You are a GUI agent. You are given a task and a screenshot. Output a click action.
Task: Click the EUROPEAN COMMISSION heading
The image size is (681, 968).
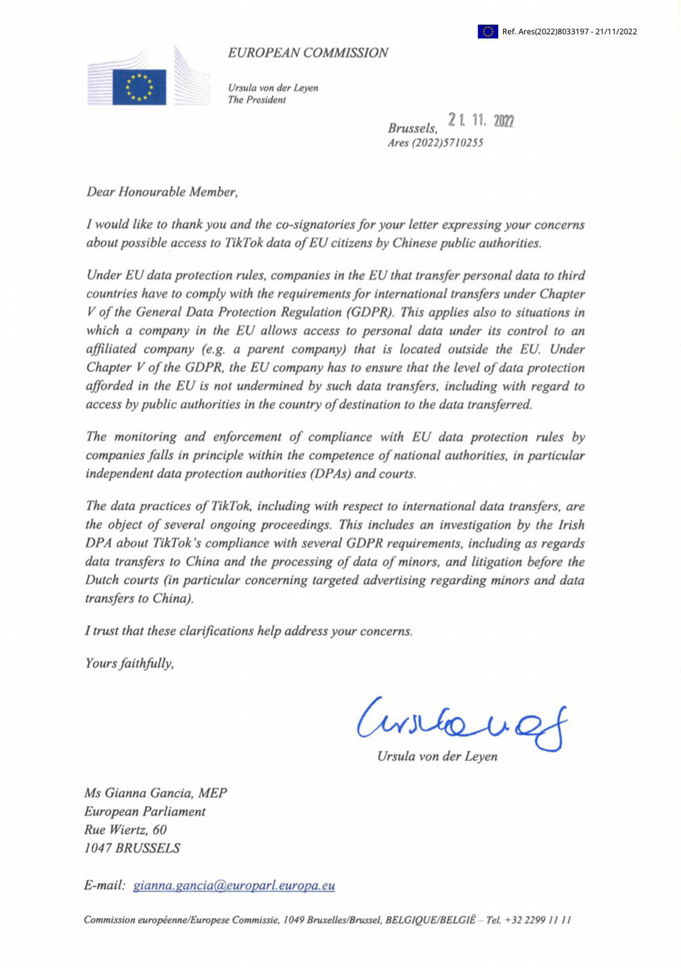click(308, 53)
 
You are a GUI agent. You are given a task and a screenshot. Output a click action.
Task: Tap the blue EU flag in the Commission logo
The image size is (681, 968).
click(139, 87)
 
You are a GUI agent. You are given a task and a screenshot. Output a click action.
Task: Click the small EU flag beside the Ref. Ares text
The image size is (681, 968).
click(487, 31)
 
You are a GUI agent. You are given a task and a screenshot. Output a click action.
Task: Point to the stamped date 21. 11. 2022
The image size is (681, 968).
click(481, 120)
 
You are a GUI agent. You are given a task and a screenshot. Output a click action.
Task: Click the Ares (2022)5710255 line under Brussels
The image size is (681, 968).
click(435, 143)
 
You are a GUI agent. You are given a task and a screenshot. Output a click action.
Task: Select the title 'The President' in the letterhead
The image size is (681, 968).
click(257, 100)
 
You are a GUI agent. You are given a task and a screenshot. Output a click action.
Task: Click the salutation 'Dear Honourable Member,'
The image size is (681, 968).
click(162, 192)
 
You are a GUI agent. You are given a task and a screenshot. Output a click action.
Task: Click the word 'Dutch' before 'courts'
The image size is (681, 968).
click(102, 581)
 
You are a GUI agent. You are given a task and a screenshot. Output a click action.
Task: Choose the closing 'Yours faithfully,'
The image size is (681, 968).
click(129, 663)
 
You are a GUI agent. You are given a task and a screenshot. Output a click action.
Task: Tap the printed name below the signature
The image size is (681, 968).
click(437, 757)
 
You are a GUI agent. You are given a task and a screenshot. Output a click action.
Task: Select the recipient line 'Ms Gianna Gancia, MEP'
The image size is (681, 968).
click(156, 793)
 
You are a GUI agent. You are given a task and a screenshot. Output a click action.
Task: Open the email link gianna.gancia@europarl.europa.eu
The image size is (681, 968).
click(234, 886)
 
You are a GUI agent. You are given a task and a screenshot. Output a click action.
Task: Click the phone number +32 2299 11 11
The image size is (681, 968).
click(537, 920)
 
